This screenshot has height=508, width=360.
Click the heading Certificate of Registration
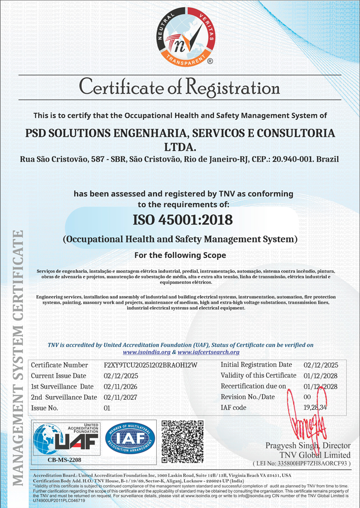click(x=180, y=87)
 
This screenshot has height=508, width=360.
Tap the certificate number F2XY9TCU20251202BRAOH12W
click(x=150, y=365)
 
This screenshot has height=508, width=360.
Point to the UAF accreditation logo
click(x=66, y=437)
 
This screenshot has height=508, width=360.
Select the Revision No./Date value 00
click(x=307, y=397)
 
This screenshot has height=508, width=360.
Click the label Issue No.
click(x=45, y=408)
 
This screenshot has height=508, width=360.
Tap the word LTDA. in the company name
click(x=180, y=147)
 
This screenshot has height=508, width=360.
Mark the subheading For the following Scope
click(x=180, y=255)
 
